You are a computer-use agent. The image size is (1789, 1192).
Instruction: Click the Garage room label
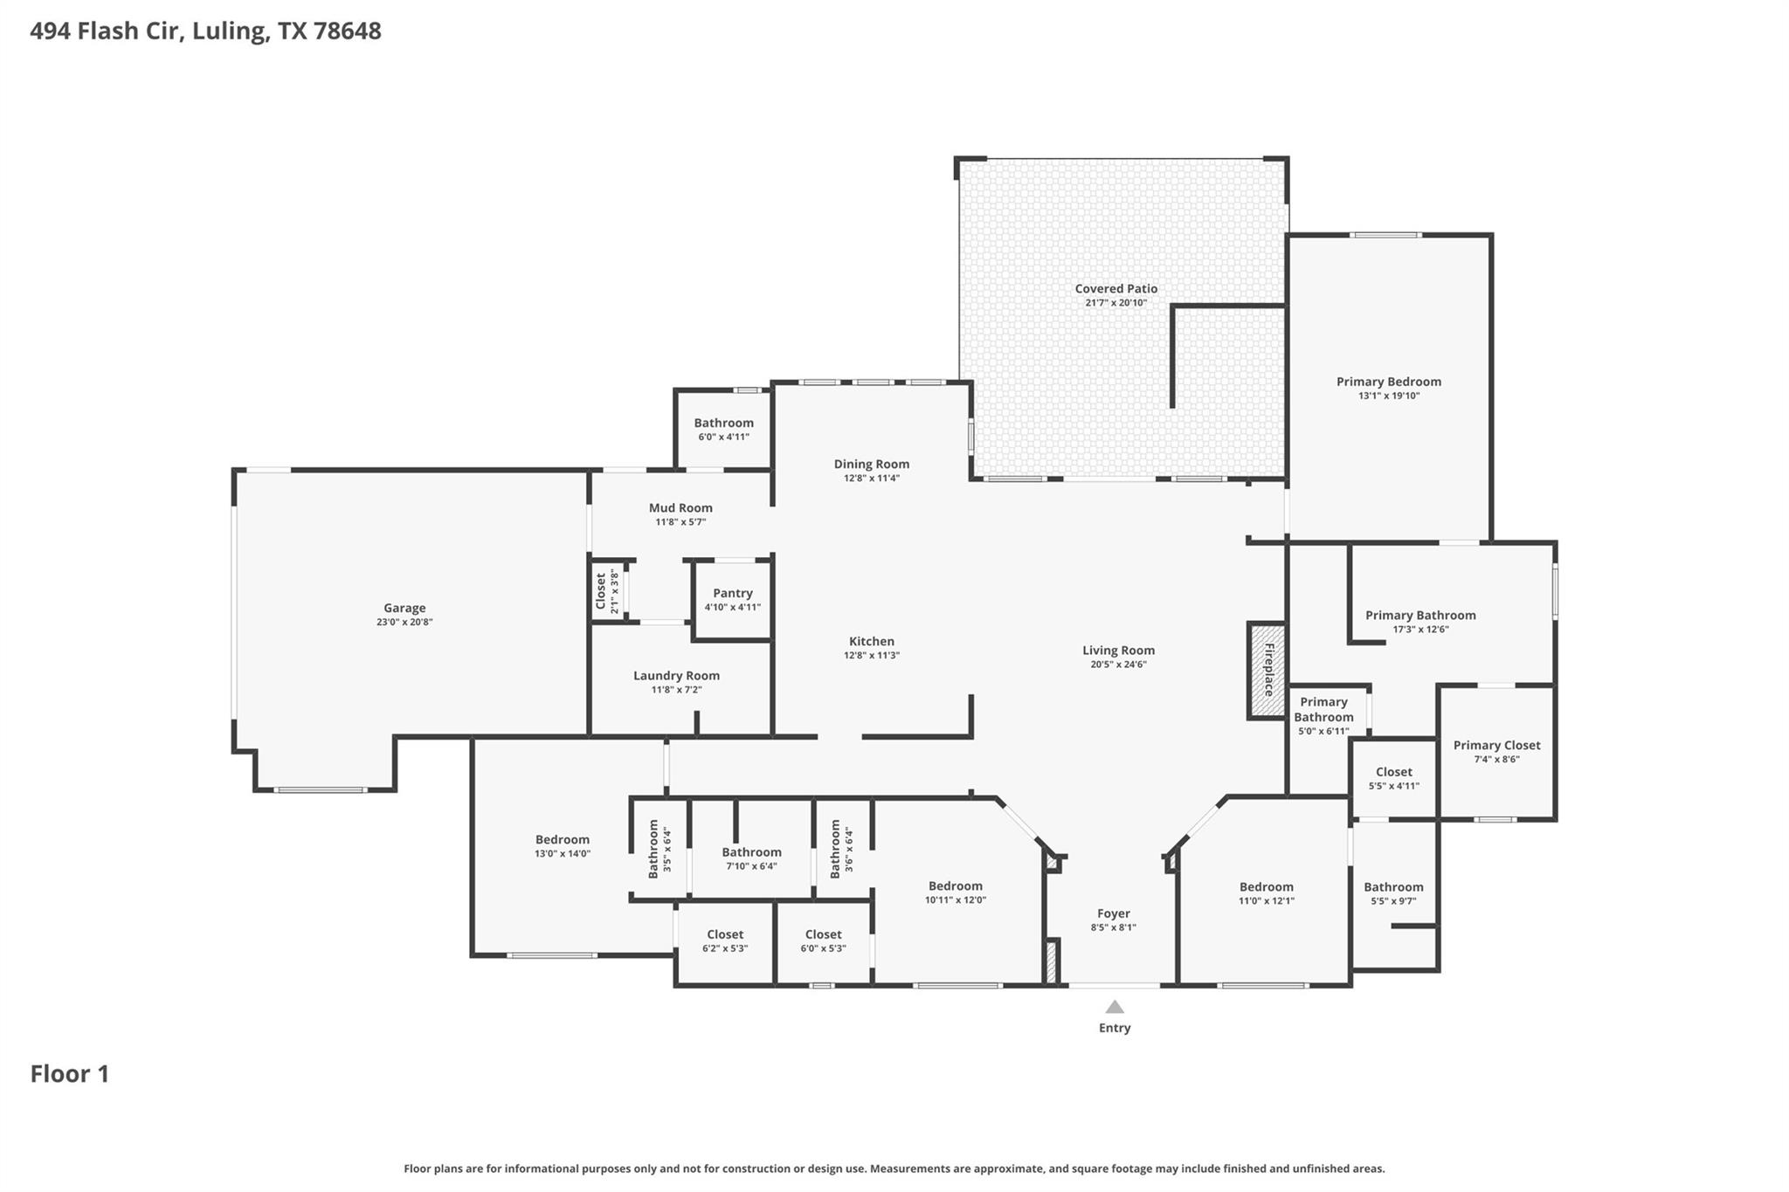404,608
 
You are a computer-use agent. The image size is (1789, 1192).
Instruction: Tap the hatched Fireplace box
1267,670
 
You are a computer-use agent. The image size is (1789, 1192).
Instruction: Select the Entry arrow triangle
1115,1007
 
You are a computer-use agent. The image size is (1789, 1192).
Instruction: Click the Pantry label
732,593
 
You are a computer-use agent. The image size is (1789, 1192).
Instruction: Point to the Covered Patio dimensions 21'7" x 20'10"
1116,303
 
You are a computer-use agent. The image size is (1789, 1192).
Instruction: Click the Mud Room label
680,507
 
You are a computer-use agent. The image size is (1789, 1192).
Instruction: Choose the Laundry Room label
676,675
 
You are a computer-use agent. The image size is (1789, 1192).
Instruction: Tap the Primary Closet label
1496,745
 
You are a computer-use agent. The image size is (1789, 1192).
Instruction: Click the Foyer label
1113,913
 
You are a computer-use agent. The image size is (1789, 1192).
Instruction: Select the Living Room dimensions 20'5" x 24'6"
1118,665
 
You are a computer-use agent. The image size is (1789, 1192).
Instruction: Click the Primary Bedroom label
1388,382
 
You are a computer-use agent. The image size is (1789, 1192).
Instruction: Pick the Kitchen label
871,641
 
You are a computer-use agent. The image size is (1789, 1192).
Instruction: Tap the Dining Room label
871,464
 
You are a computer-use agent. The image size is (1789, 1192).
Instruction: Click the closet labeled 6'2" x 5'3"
725,941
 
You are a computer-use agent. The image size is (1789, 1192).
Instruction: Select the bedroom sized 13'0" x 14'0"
563,846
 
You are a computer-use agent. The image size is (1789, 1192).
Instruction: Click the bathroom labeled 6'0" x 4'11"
723,429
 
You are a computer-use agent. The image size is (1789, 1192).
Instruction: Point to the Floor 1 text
70,1074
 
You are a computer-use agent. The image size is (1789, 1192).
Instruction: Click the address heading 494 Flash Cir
205,31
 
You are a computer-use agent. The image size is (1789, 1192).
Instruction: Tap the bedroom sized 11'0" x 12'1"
1266,892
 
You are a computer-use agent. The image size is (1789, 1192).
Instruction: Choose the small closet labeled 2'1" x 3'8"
606,591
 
